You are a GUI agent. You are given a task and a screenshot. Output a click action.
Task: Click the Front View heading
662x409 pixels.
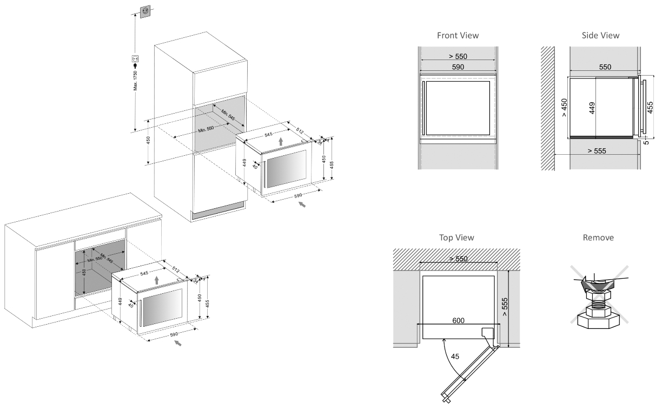click(458, 35)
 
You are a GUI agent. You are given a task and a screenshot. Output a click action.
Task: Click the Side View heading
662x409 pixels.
click(600, 35)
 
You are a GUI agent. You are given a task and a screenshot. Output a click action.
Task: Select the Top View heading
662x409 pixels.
click(458, 238)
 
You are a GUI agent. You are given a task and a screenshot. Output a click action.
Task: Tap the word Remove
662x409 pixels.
click(598, 238)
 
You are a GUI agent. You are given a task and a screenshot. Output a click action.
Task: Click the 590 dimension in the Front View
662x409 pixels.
click(458, 67)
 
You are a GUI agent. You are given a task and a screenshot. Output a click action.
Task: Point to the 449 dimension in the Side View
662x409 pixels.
click(592, 107)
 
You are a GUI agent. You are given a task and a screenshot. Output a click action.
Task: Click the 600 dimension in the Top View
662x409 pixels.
click(459, 320)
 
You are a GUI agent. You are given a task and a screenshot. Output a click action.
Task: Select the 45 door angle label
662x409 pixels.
click(455, 356)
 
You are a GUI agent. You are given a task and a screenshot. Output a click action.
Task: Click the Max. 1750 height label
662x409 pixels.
click(136, 81)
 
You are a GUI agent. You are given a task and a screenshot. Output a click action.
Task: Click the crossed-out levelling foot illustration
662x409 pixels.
click(598, 300)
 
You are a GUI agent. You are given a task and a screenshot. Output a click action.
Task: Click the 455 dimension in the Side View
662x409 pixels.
click(650, 107)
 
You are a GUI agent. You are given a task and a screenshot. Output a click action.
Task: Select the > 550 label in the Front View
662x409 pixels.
click(458, 56)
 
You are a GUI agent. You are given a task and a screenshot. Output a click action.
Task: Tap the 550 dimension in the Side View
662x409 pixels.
click(605, 67)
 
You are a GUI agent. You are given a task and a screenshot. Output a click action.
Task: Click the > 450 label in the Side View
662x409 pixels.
click(564, 107)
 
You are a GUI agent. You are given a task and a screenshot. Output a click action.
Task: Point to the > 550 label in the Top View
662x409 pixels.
click(459, 259)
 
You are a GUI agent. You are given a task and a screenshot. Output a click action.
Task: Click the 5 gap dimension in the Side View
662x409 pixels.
click(647, 142)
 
